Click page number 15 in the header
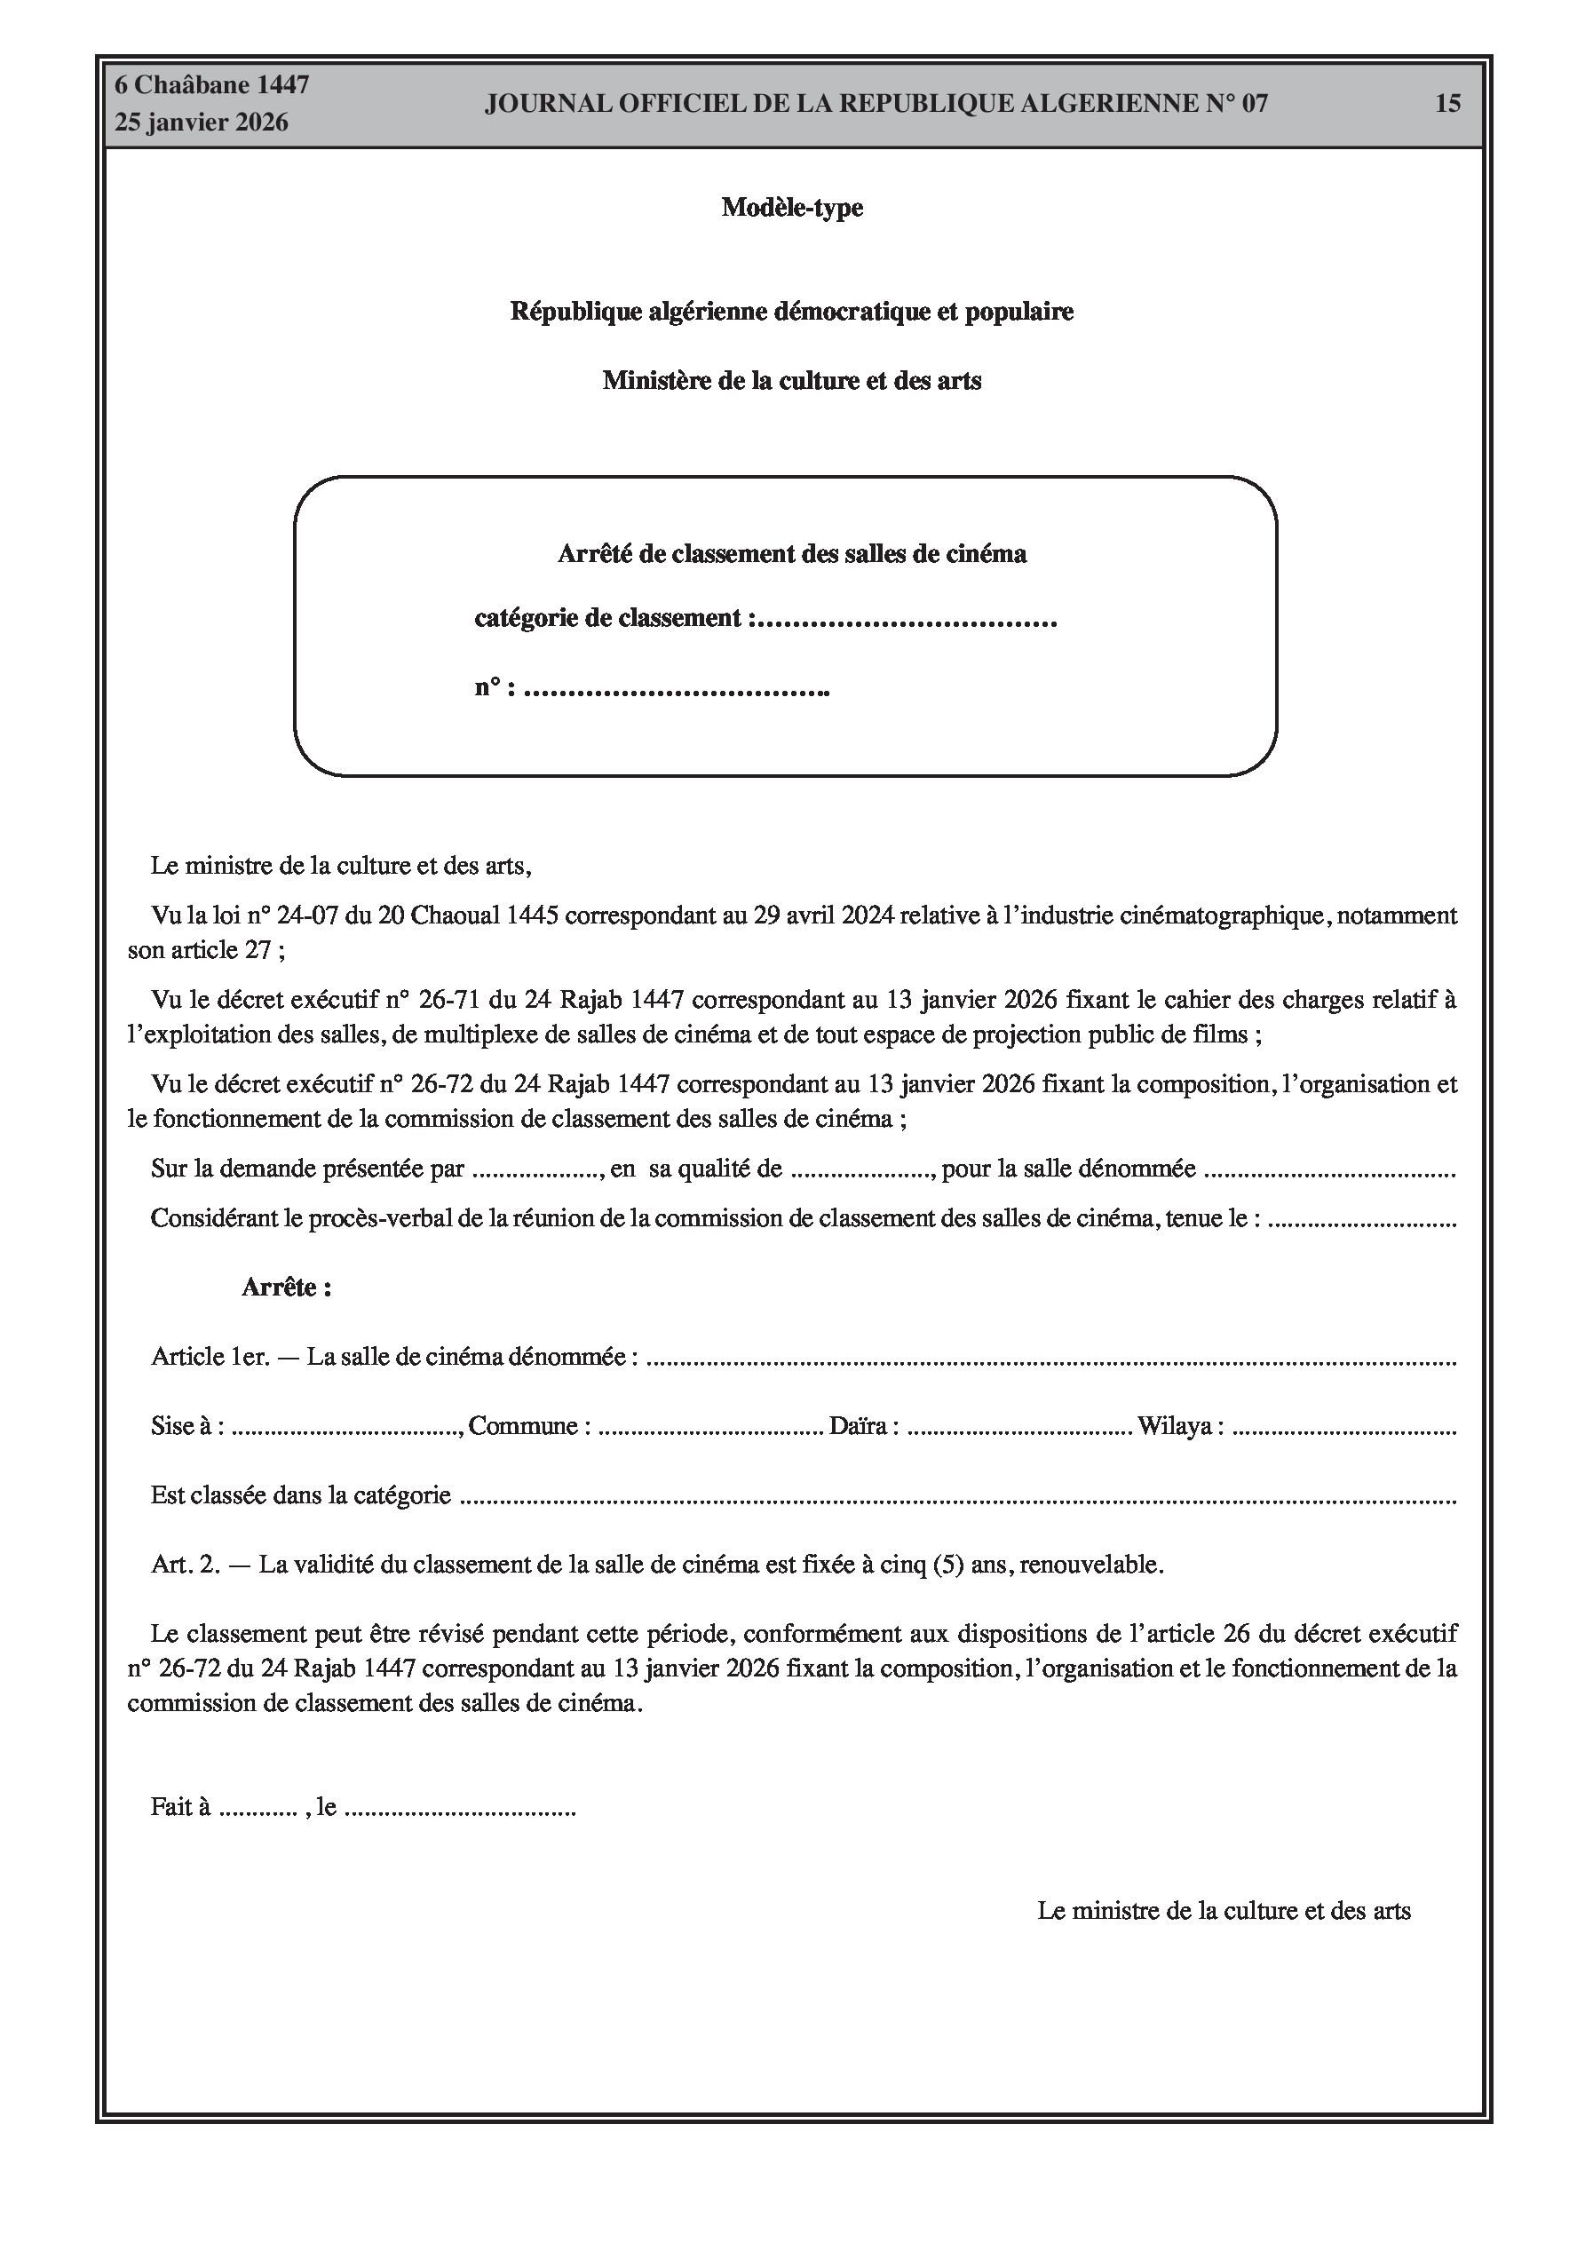[x=1447, y=104]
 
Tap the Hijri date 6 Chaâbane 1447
[x=212, y=85]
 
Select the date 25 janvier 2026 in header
[x=202, y=123]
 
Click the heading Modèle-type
[x=791, y=207]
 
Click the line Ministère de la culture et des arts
[x=791, y=380]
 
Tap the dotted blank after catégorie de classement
[x=907, y=621]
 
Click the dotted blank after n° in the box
[x=677, y=691]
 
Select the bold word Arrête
[x=286, y=1287]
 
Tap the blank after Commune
[x=710, y=1427]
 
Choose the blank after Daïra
[x=1019, y=1427]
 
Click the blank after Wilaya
[x=1343, y=1427]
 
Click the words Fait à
[x=181, y=1806]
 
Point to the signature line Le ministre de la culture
[x=1224, y=1910]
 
